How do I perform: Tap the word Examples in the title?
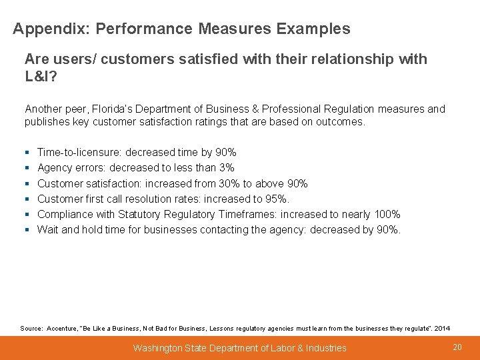(313, 29)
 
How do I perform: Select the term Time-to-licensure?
(77, 153)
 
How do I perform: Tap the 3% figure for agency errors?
(226, 168)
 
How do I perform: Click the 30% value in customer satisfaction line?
(233, 183)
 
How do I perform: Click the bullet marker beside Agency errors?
(27, 168)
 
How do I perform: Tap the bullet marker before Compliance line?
(27, 214)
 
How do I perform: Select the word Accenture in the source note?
(61, 328)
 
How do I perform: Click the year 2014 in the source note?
(442, 328)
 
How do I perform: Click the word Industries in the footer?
(324, 348)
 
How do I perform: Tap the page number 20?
(457, 347)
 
